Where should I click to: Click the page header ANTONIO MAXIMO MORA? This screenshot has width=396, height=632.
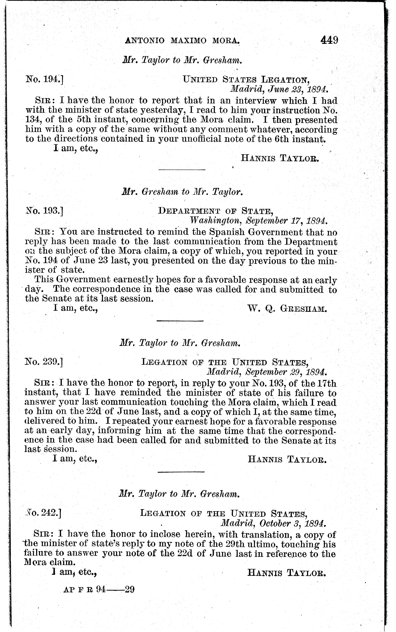click(183, 41)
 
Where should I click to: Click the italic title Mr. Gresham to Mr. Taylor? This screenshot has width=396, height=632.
click(183, 192)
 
